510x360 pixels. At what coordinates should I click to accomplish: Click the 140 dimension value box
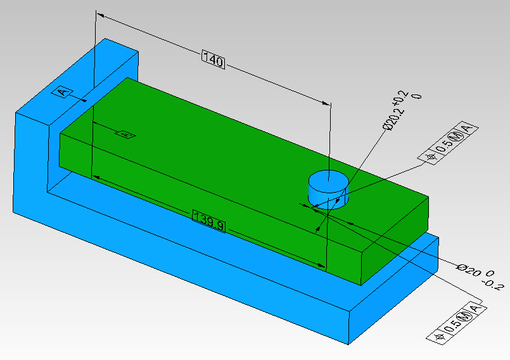(x=214, y=61)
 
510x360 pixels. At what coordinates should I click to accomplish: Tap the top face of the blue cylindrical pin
(x=328, y=179)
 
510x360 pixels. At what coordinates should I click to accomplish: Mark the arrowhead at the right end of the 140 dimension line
(x=328, y=104)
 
